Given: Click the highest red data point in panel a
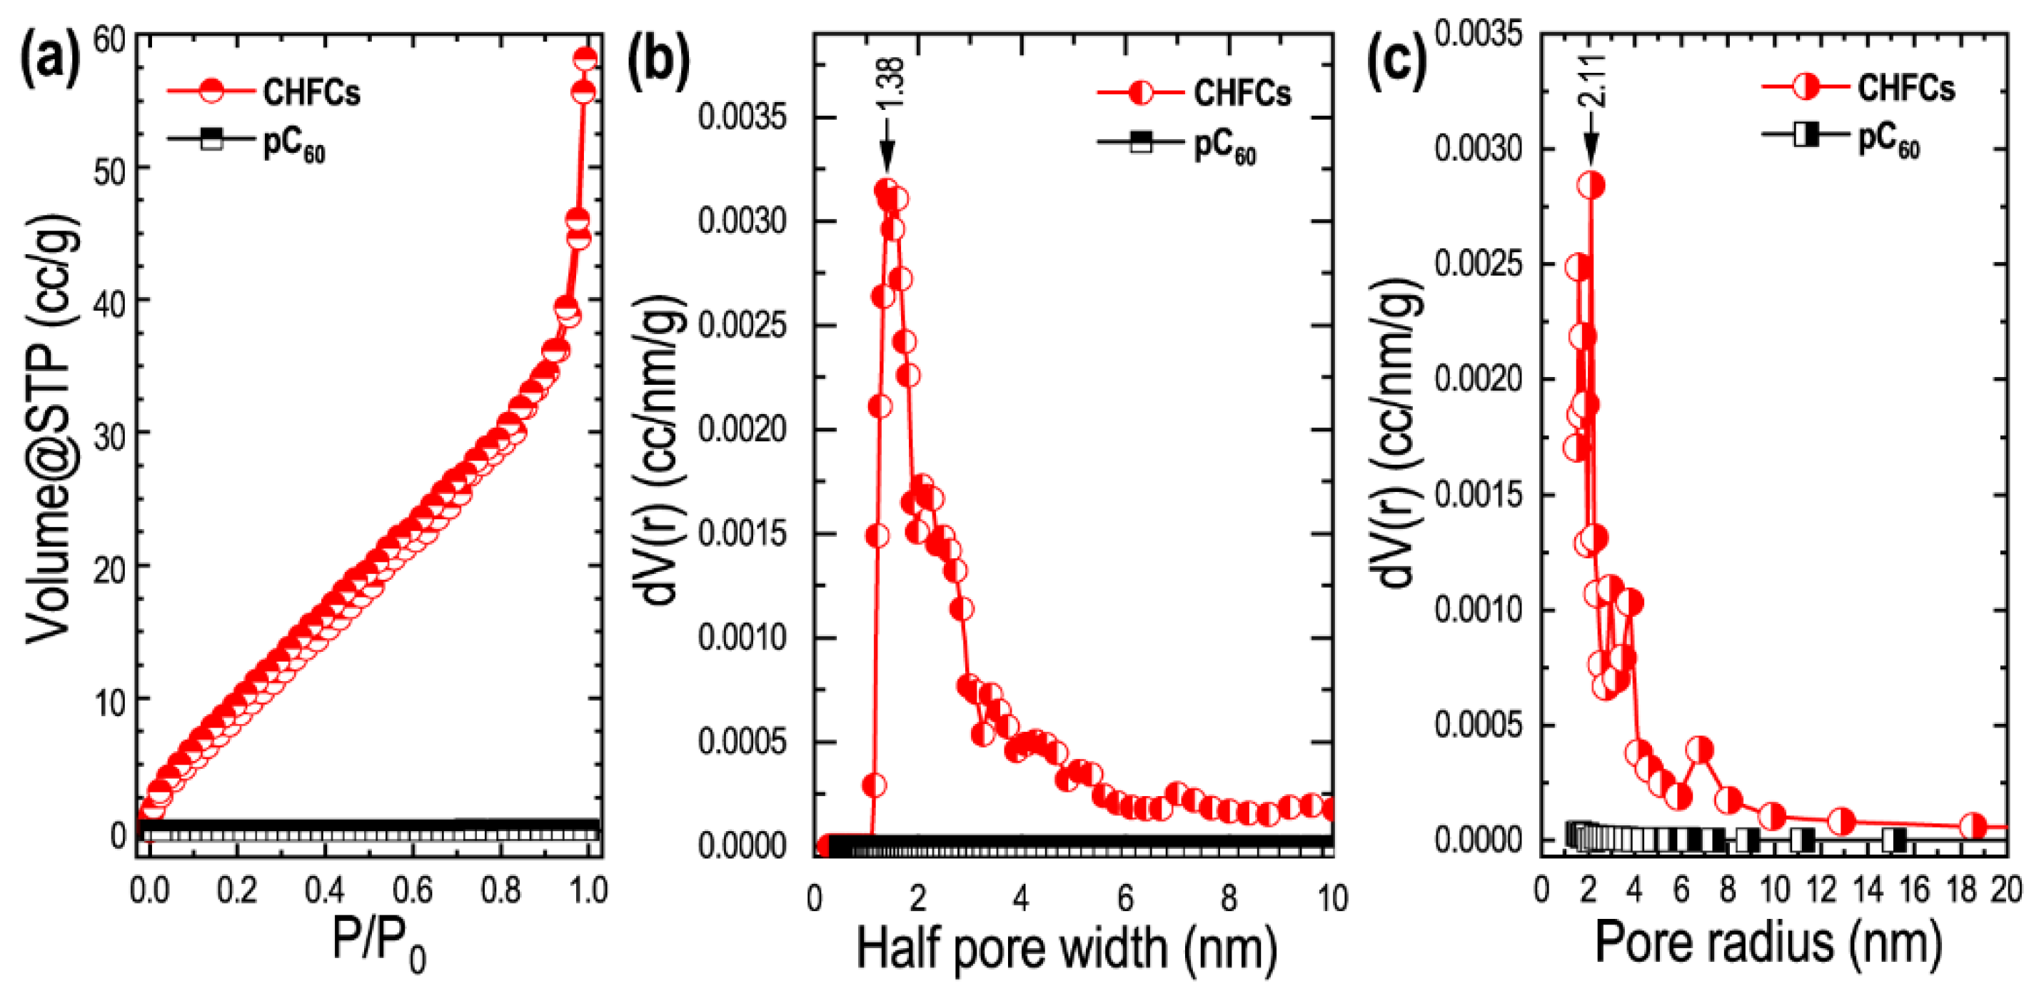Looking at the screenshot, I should (x=585, y=59).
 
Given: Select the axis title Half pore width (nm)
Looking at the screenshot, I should (x=1067, y=947).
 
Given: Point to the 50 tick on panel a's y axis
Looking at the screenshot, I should (x=110, y=170).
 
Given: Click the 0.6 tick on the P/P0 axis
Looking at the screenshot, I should (x=413, y=891).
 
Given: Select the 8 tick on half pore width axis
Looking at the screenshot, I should (x=1228, y=899).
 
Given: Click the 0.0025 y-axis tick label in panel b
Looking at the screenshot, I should (x=742, y=326).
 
